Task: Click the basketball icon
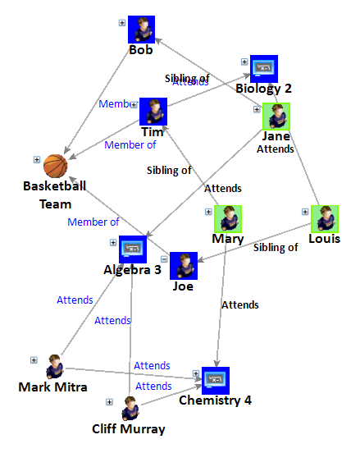[55, 167]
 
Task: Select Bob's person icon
[141, 30]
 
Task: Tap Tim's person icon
[153, 112]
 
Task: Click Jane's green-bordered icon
[276, 117]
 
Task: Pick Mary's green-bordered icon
[228, 219]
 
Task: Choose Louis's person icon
[325, 218]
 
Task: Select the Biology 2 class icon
[263, 69]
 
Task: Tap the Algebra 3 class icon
[132, 248]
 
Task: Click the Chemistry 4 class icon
[214, 380]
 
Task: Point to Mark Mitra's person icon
[55, 366]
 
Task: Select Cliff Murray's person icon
[130, 408]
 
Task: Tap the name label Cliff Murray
[129, 429]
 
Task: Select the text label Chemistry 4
[216, 400]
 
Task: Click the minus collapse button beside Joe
[164, 259]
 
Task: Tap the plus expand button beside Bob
[122, 22]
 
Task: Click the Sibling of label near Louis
[275, 247]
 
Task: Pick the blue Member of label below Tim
[130, 145]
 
